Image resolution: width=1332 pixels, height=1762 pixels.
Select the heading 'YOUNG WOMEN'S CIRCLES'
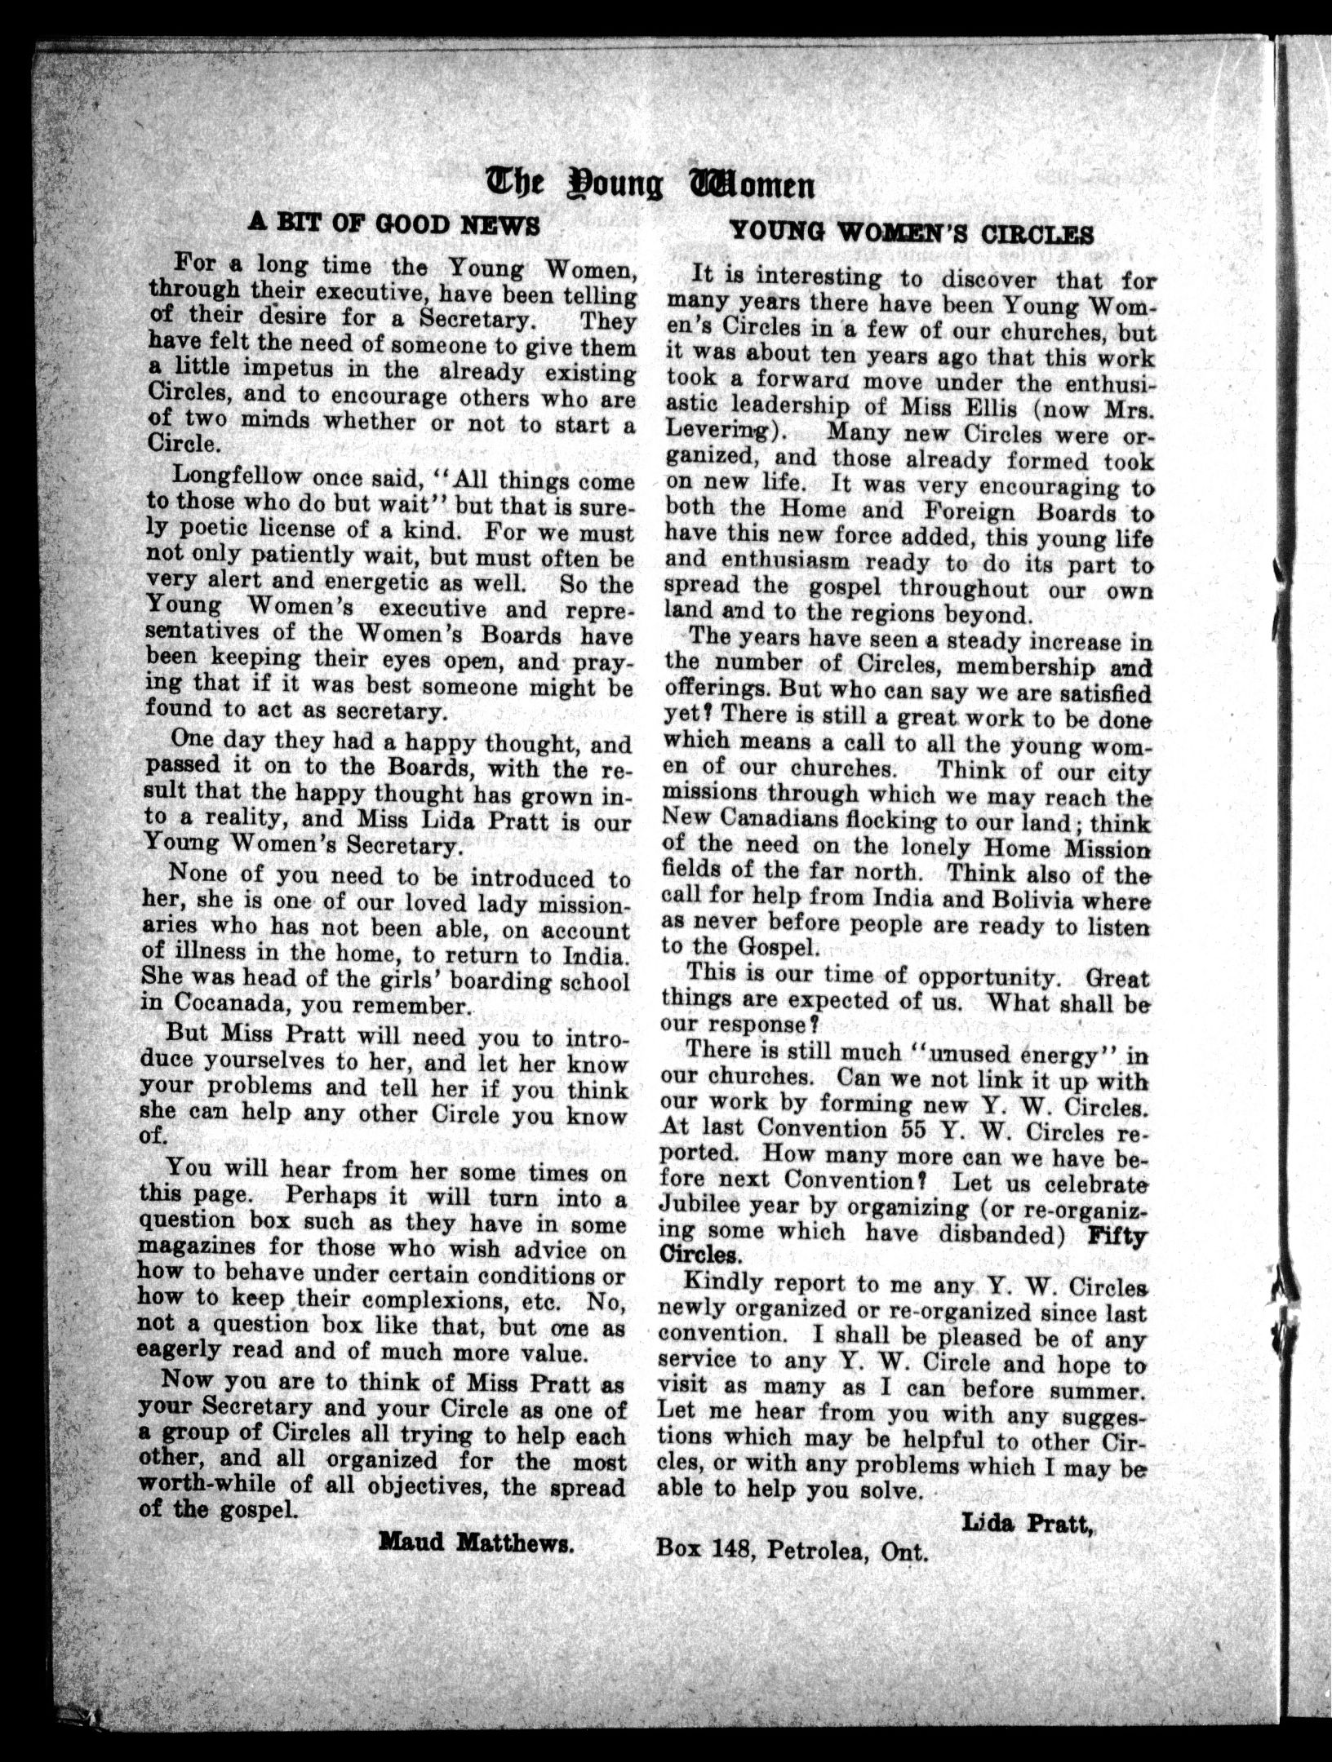point(910,233)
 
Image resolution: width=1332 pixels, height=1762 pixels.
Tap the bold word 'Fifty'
point(1118,1234)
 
